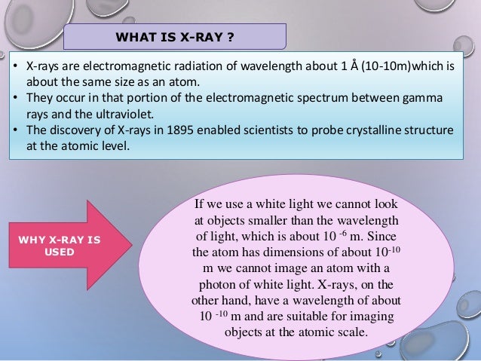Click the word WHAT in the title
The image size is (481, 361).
(x=131, y=37)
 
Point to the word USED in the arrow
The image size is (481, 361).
(x=60, y=252)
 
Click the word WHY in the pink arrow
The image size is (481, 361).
(x=34, y=240)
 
